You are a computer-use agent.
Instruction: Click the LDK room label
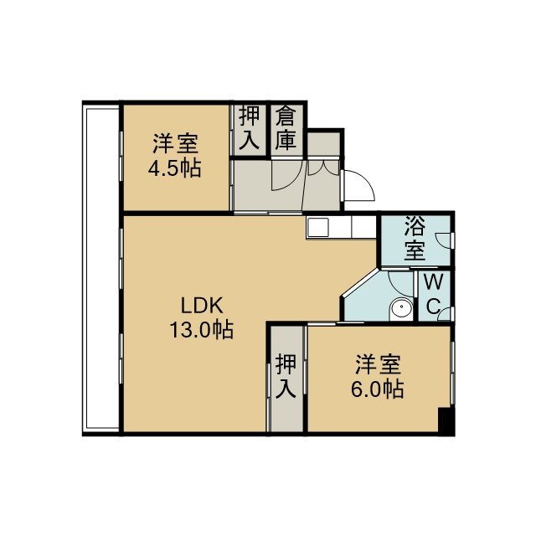[x=202, y=305]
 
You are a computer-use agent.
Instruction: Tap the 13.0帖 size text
[x=202, y=330]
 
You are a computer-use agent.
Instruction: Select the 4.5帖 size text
[x=175, y=168]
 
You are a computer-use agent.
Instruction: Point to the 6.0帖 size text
[x=378, y=389]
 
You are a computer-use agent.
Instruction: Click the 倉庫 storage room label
[x=286, y=128]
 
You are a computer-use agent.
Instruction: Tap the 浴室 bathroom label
[x=415, y=238]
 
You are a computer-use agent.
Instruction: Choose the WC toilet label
[x=433, y=294]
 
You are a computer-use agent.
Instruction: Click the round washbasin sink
[x=402, y=309]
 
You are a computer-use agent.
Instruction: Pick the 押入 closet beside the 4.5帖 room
[x=250, y=128]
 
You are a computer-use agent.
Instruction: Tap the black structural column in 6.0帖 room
[x=445, y=421]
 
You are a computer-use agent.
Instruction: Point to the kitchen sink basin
[x=318, y=227]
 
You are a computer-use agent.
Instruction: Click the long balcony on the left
[x=101, y=268]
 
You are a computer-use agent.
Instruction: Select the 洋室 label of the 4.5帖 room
[x=175, y=144]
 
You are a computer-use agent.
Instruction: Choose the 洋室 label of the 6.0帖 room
[x=378, y=364]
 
